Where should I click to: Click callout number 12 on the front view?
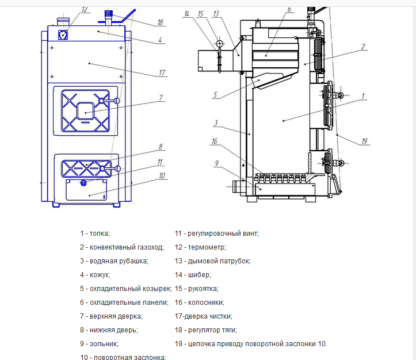(x=85, y=10)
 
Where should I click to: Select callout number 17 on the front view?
(x=163, y=73)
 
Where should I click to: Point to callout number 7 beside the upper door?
(x=162, y=98)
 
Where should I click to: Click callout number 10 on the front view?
(x=163, y=175)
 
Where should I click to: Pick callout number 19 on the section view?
(x=365, y=140)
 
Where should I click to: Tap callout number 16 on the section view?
(x=214, y=141)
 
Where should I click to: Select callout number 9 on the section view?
(x=217, y=164)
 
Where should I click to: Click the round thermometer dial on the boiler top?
(x=62, y=34)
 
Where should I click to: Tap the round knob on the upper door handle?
(x=116, y=101)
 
